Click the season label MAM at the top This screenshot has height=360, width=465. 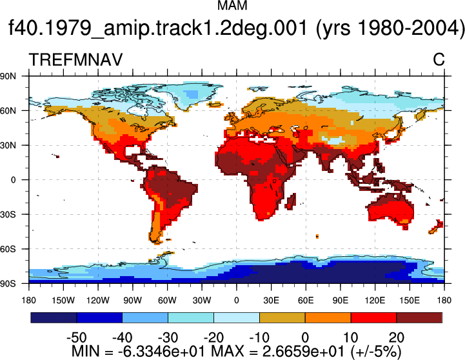tap(232, 5)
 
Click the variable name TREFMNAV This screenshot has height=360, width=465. tap(75, 59)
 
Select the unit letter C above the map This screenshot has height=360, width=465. tap(439, 59)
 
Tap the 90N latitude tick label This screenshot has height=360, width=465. tap(8, 76)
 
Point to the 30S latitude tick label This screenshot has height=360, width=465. tap(8, 214)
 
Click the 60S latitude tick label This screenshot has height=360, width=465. tap(8, 249)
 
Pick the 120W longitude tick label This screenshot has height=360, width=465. tap(98, 301)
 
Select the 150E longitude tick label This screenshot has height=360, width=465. tap(410, 301)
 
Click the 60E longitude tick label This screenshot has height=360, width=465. tap(306, 301)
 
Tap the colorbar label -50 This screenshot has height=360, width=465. tap(77, 337)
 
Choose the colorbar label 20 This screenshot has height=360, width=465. tap(397, 337)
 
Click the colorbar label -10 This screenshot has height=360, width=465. tap(259, 337)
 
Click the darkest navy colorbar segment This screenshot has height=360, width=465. tap(54, 317)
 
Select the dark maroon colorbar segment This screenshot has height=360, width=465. tap(419, 317)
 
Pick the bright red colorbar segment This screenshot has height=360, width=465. tap(373, 317)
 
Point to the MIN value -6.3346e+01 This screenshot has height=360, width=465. tap(162, 352)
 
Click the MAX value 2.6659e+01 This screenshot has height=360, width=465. tap(303, 352)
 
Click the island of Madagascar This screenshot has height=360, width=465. tap(291, 201)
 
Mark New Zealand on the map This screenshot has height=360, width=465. tap(436, 227)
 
